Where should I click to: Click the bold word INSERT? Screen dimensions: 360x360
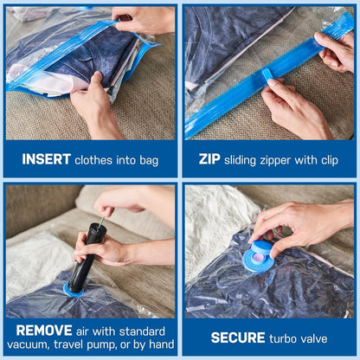pyautogui.click(x=46, y=160)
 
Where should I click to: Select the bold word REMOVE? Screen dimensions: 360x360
pyautogui.click(x=37, y=330)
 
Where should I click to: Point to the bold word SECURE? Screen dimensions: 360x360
pyautogui.click(x=238, y=337)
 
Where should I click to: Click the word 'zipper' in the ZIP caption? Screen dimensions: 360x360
pyautogui.click(x=282, y=160)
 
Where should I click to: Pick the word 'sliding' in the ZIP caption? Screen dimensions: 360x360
pyautogui.click(x=242, y=160)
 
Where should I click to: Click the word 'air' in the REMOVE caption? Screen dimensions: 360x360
pyautogui.click(x=87, y=330)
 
